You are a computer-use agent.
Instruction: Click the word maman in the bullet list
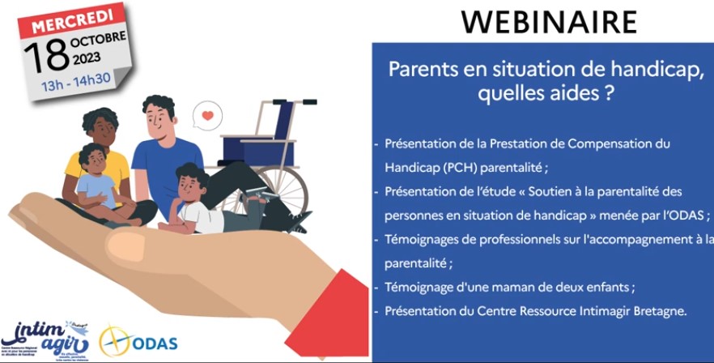pyautogui.click(x=510, y=287)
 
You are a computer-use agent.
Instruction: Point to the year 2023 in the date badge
pyautogui.click(x=87, y=58)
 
